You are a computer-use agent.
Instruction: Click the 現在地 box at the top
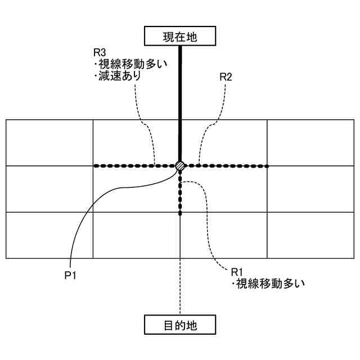coord(180,37)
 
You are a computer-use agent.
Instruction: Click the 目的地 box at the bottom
coord(180,325)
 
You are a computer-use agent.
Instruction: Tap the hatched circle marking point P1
coord(180,166)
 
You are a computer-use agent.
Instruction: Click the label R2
coord(226,77)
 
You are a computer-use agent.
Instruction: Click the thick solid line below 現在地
coord(180,101)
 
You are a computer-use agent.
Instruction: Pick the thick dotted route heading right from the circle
coord(231,166)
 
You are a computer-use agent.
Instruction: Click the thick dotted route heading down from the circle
coord(180,194)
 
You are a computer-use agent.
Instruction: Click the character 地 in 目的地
coord(193,325)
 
